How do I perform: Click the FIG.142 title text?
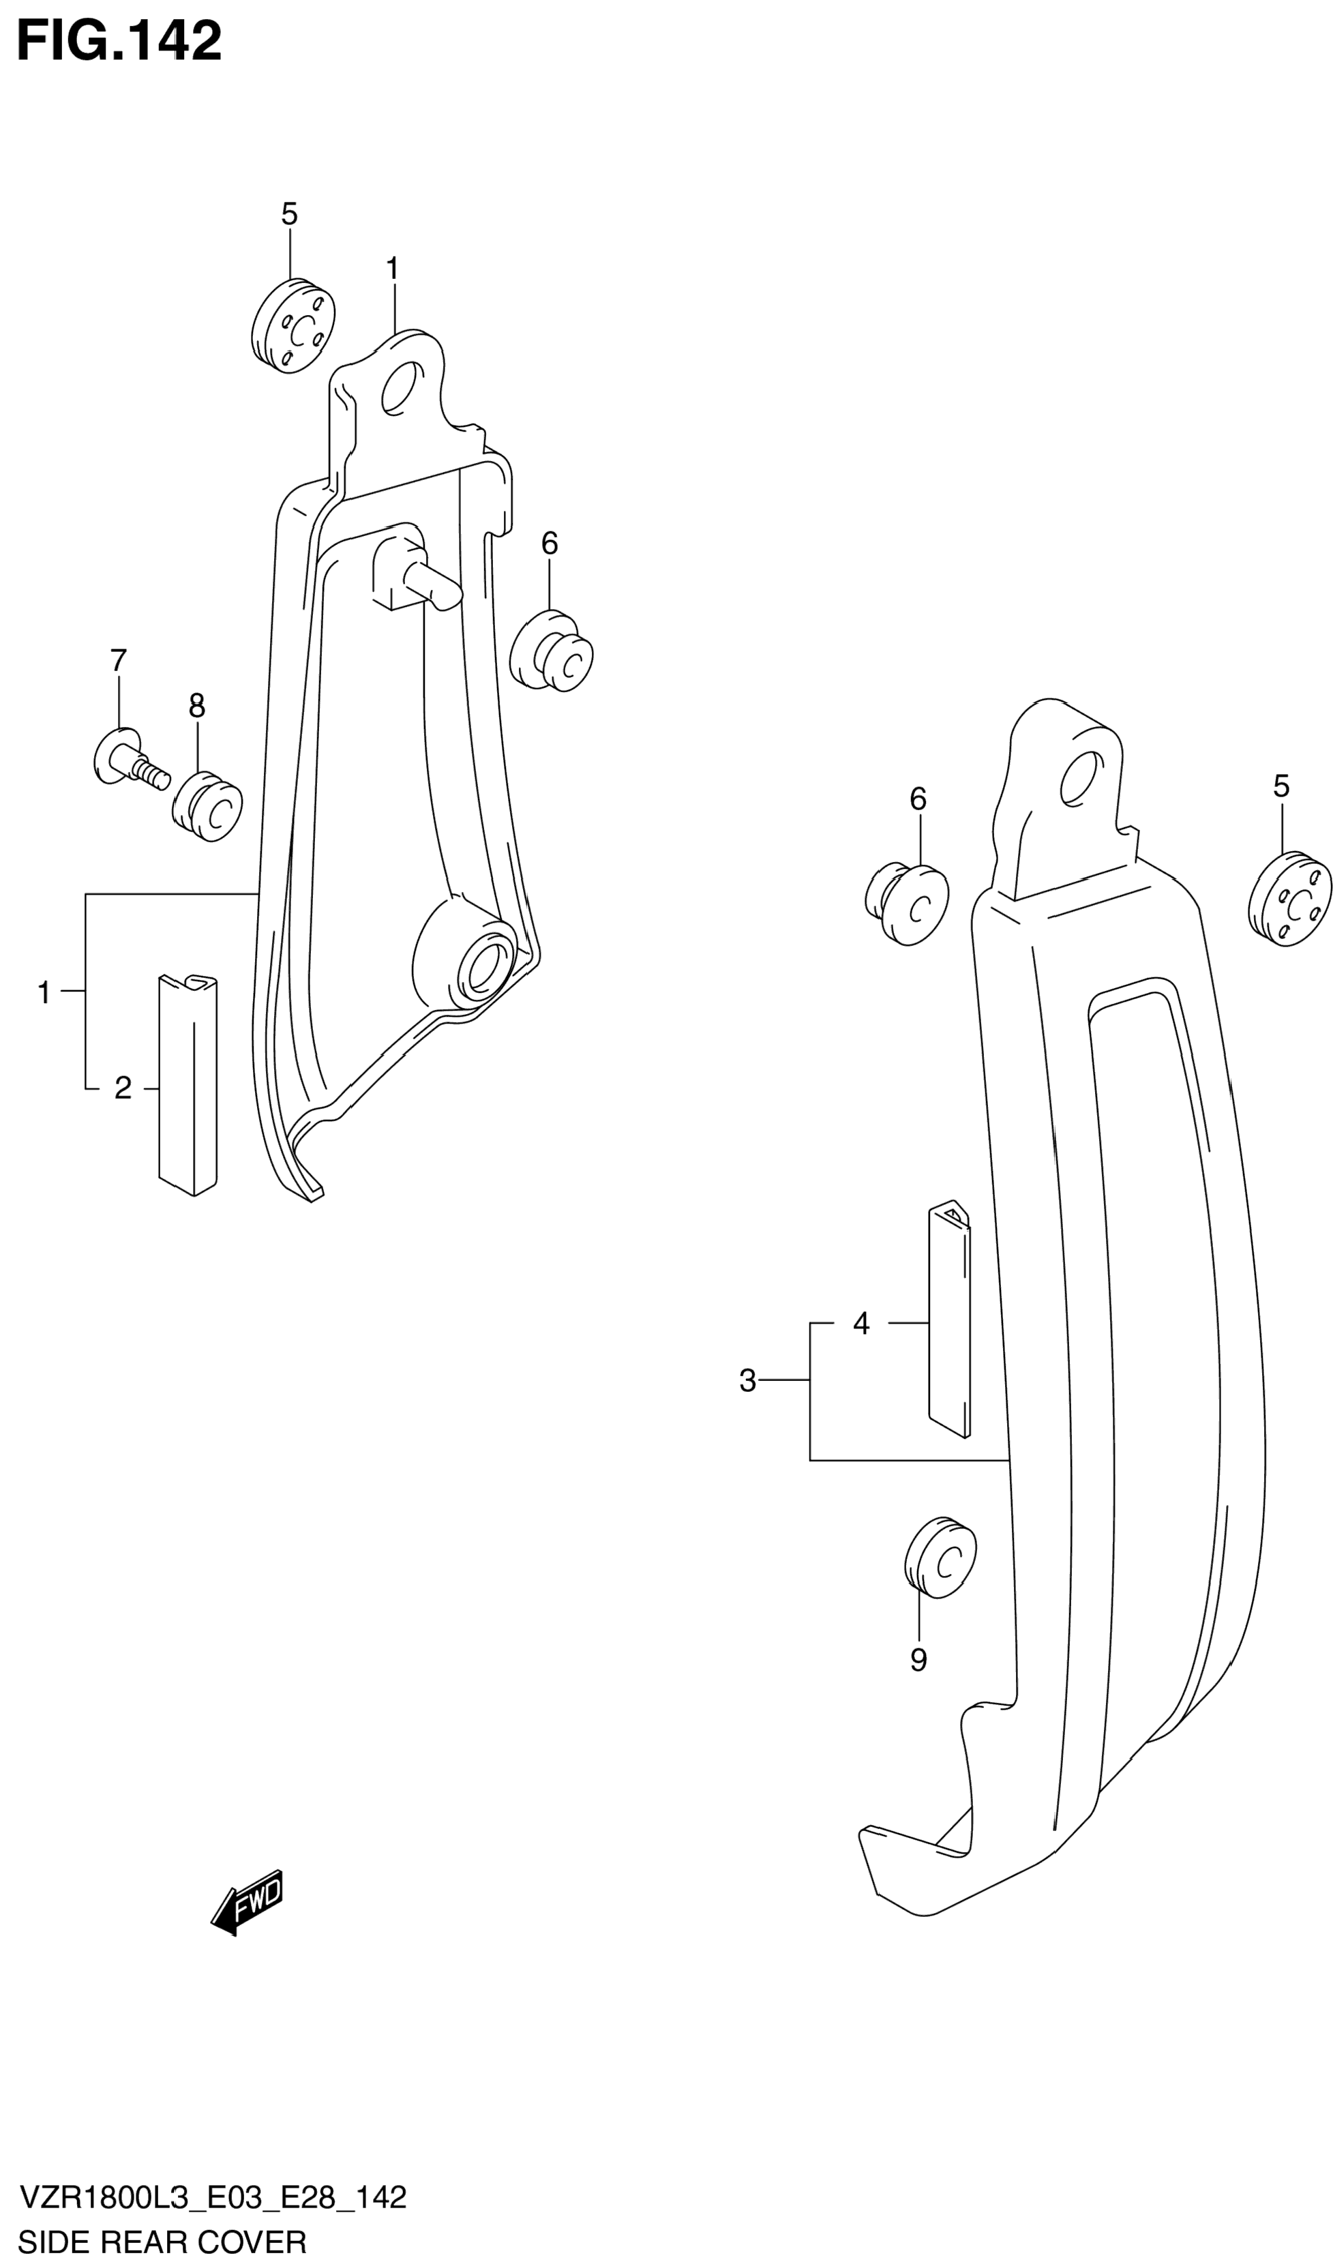point(119,42)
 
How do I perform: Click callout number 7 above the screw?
point(119,660)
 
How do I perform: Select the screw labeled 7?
point(131,759)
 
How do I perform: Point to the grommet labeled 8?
point(207,806)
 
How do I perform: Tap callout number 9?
point(918,1660)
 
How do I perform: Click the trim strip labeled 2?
point(188,1085)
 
